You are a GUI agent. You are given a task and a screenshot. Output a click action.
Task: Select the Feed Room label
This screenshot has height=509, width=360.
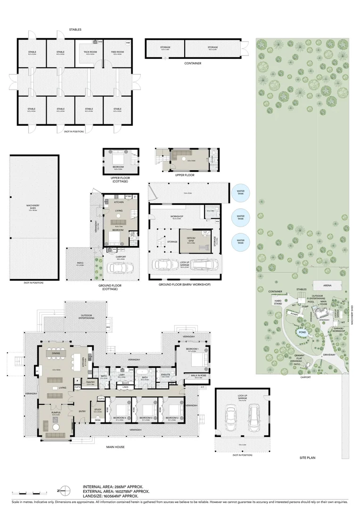coord(117,52)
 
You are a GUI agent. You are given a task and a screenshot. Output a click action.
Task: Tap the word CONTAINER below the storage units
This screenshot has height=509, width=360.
coord(193,63)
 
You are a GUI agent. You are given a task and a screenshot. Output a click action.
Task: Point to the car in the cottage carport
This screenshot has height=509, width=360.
coord(116,268)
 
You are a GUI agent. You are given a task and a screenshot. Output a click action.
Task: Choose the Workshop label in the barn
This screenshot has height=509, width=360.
coord(177,217)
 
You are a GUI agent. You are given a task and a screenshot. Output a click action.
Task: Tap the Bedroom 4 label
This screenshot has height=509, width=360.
coord(119,418)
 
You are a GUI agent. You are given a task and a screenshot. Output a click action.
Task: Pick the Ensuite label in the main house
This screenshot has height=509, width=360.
coord(165,376)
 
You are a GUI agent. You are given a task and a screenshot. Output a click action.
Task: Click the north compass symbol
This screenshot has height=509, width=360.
coord(66,490)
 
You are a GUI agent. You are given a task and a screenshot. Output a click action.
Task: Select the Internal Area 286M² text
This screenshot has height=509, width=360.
coord(113,487)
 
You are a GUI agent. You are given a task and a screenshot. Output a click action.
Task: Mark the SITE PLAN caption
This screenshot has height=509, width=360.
coord(309,458)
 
